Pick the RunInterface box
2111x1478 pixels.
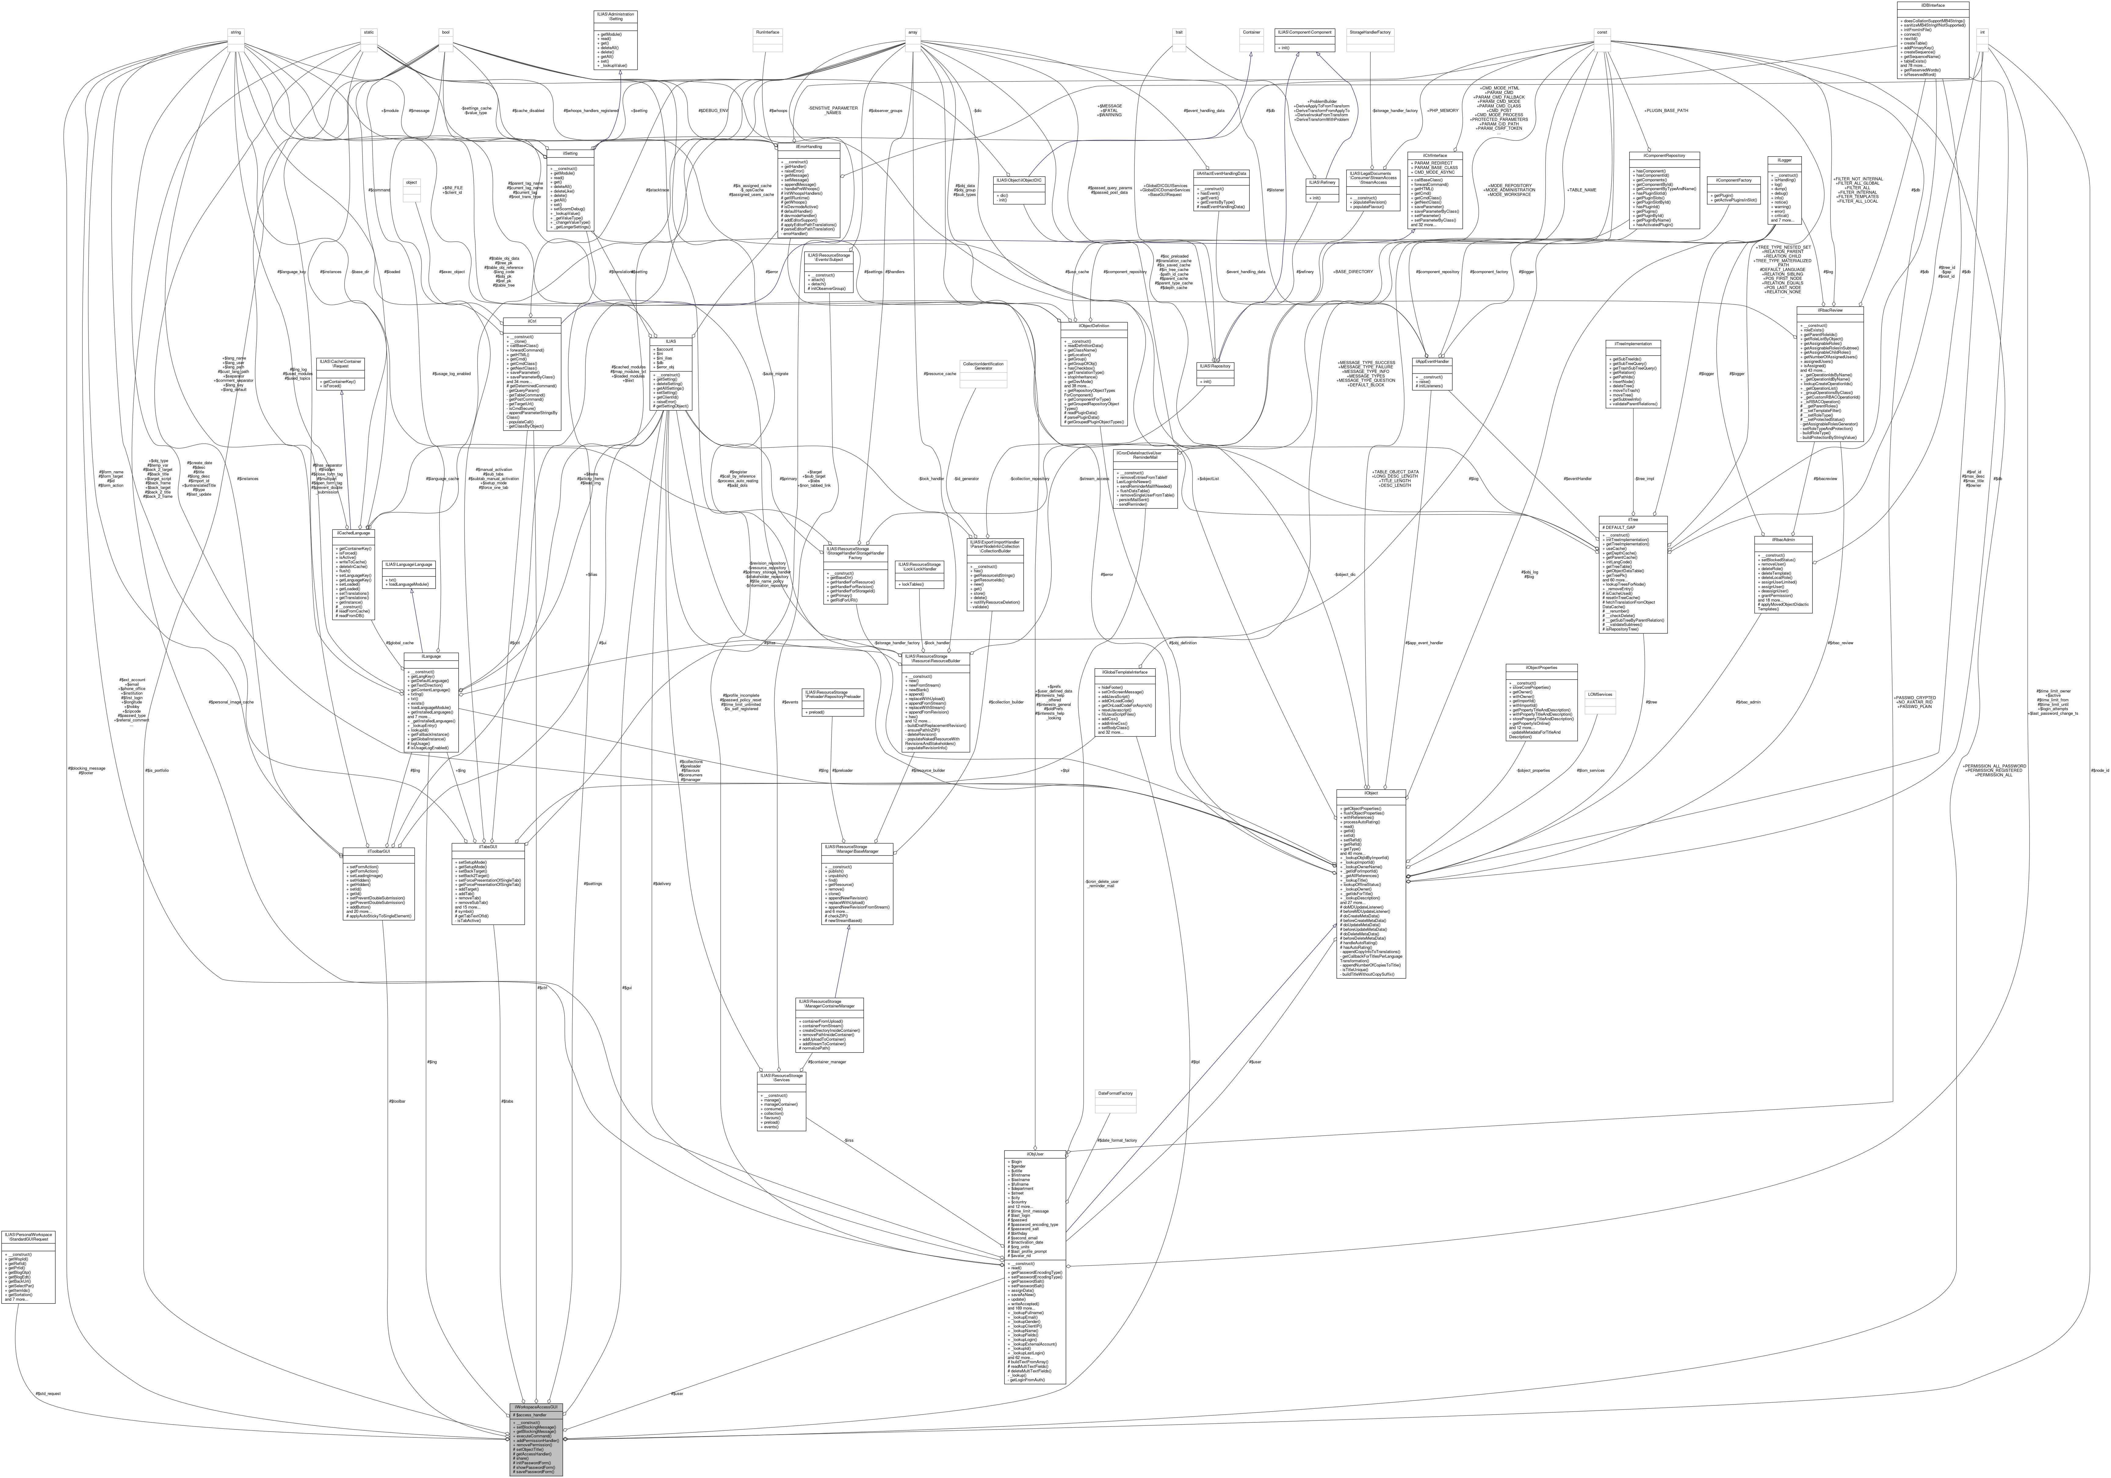click(768, 32)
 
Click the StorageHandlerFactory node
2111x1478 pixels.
click(1370, 32)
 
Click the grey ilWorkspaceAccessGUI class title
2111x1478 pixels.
click(536, 1407)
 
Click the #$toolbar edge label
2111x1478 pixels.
click(397, 1101)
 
